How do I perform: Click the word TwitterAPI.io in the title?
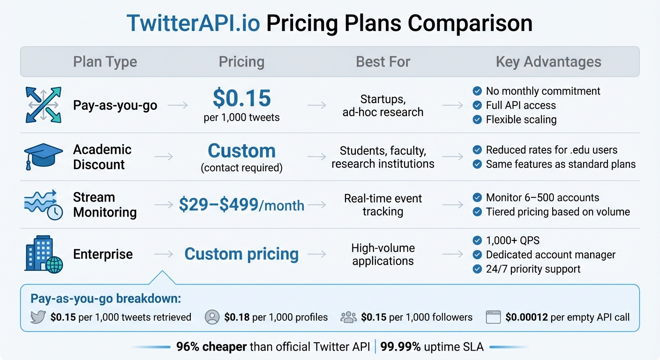(x=193, y=23)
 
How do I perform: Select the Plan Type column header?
(x=105, y=62)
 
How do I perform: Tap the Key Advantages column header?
(x=548, y=62)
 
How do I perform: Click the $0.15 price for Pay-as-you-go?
(x=241, y=98)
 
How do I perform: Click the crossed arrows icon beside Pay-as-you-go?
(x=43, y=105)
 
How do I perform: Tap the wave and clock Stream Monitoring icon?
(x=43, y=204)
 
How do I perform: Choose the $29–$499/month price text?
(x=241, y=205)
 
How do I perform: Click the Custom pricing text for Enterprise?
(x=241, y=254)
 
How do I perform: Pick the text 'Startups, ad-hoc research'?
(x=382, y=105)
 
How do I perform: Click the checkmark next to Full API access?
(x=477, y=105)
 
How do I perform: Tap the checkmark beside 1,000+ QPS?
(x=477, y=241)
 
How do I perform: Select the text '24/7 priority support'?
(x=533, y=269)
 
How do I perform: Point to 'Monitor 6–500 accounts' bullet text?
(x=542, y=198)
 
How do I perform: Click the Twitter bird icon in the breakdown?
(x=37, y=317)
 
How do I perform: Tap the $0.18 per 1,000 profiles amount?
(x=237, y=317)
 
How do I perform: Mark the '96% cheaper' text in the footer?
(x=211, y=347)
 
